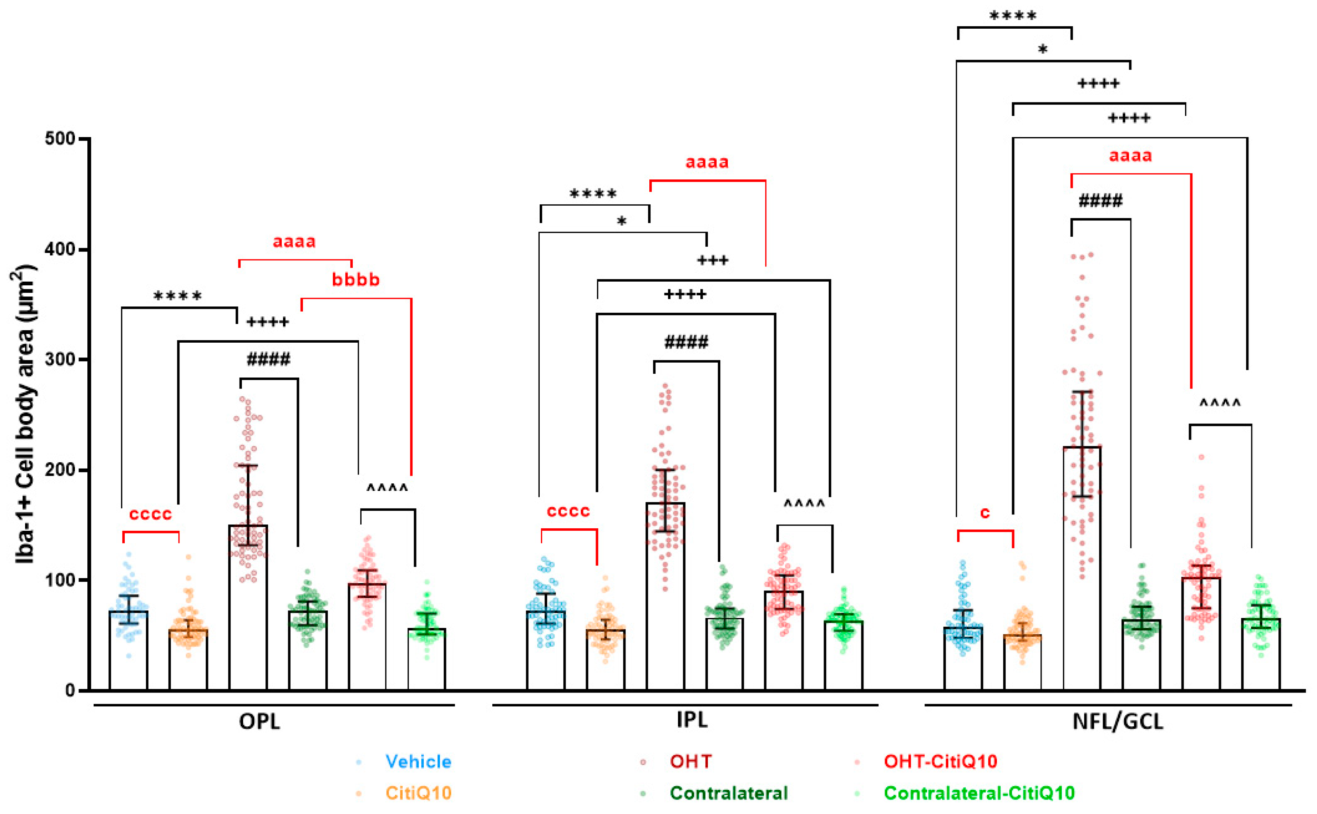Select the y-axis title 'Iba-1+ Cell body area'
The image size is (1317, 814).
25,414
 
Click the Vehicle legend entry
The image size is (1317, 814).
418,762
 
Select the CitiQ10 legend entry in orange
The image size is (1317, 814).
418,793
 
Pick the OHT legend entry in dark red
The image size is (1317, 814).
691,762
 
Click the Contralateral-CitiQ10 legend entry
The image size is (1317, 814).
979,793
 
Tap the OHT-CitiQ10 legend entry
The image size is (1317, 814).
940,762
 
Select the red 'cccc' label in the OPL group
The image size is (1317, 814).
150,514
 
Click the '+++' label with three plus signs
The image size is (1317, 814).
712,261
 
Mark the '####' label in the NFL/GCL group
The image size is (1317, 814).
1101,201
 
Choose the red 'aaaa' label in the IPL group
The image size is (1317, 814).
707,162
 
